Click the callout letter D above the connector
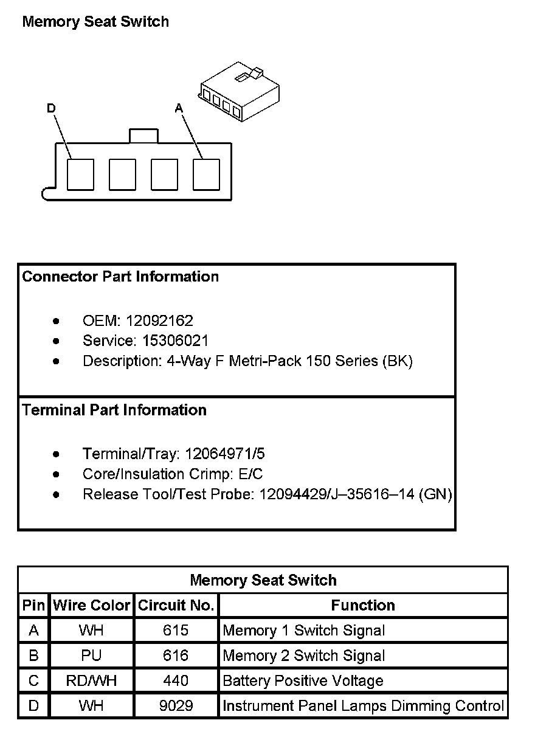click(x=51, y=108)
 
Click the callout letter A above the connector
click(x=179, y=108)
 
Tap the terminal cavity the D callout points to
click(x=80, y=175)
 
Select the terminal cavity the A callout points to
click(x=206, y=175)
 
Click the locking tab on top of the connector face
click(x=143, y=136)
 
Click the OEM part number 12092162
click(x=159, y=320)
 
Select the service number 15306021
click(x=175, y=341)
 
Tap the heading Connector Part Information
click(x=120, y=277)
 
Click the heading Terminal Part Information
click(x=114, y=410)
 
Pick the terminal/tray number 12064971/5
click(x=225, y=454)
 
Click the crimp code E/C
click(x=251, y=474)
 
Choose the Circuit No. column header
click(x=176, y=606)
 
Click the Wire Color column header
click(x=92, y=606)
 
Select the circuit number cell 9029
click(x=176, y=706)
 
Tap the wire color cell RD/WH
click(x=92, y=681)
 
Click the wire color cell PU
click(x=92, y=656)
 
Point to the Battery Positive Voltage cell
click(x=303, y=681)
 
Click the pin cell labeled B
click(x=33, y=656)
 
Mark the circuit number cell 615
click(x=176, y=631)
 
